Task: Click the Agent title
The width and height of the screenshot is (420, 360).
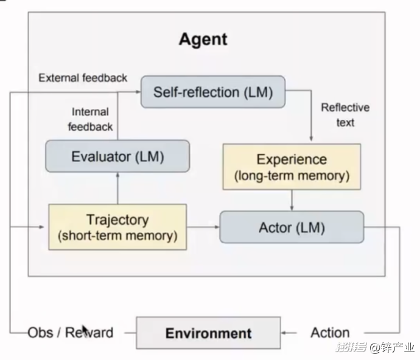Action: tap(203, 40)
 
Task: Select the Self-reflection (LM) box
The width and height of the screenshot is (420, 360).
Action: tap(213, 92)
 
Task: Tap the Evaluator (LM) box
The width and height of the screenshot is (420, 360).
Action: tap(117, 156)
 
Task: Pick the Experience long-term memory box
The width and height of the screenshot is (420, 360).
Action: tap(292, 167)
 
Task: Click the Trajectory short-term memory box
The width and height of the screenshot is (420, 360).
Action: tap(117, 227)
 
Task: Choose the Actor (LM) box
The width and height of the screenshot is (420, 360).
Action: tap(292, 227)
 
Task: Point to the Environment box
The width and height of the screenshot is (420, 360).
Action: tap(208, 333)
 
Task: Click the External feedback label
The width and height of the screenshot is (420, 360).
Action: tap(83, 78)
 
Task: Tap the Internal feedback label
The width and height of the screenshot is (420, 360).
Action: tap(91, 119)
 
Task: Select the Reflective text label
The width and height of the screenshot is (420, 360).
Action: tap(345, 114)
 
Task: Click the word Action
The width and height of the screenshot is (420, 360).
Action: tap(330, 333)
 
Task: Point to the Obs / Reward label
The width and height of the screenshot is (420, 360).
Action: tap(70, 333)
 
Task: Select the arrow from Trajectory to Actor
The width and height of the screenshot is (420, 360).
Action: tap(203, 227)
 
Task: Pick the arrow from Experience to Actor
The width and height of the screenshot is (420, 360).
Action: tap(292, 200)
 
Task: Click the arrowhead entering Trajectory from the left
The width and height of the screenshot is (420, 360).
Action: tap(44, 227)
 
